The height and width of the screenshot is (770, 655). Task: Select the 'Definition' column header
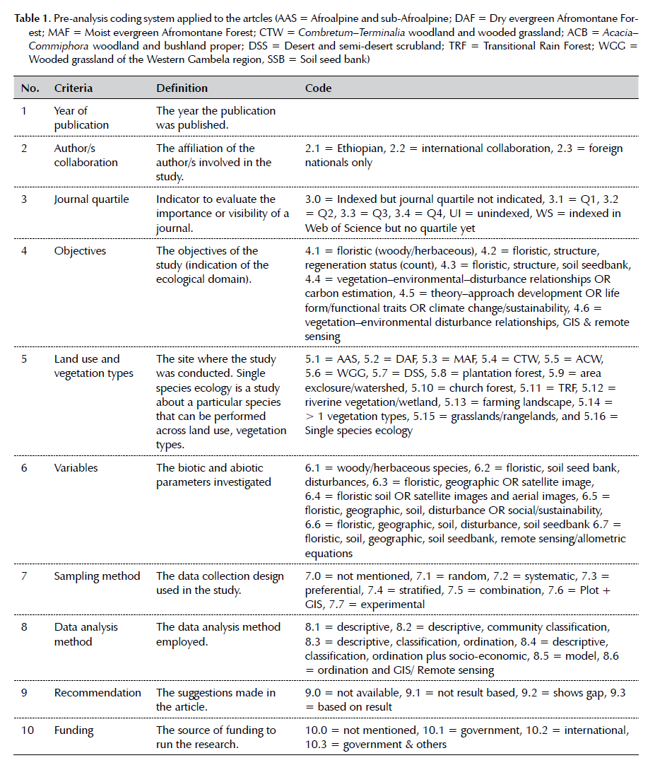click(x=182, y=88)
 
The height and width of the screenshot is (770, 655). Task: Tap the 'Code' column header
click(x=318, y=88)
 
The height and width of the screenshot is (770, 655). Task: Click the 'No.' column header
click(x=30, y=88)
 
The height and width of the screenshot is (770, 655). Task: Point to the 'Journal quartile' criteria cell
click(x=91, y=199)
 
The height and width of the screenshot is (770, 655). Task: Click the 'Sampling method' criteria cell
click(x=97, y=576)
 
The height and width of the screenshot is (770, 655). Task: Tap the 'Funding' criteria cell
click(x=73, y=730)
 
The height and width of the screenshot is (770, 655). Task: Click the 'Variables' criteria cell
click(x=76, y=467)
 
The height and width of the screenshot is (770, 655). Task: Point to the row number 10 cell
click(x=27, y=730)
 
